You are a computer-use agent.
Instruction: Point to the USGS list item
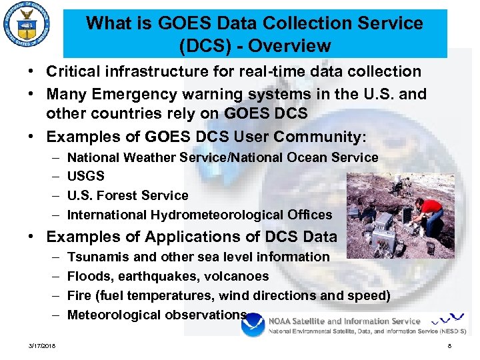coord(86,177)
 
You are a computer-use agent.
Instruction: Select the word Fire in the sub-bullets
coord(79,295)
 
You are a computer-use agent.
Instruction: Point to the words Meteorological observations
coord(157,315)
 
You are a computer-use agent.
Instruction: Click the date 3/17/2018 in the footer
coord(42,346)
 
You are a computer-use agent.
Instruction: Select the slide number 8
coord(450,346)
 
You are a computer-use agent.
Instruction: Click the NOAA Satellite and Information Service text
coord(344,321)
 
